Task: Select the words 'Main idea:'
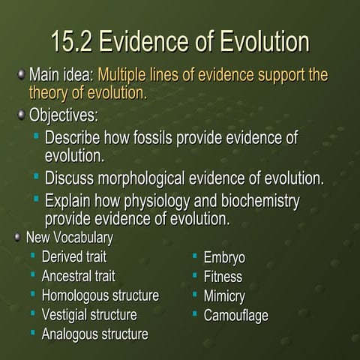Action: (x=61, y=76)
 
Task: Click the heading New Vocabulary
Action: (x=69, y=238)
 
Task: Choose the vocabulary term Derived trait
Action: (x=73, y=257)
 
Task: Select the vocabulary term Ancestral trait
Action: (x=78, y=276)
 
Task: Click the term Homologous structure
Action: (x=100, y=295)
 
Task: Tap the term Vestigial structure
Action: (x=88, y=313)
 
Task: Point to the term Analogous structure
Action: (x=94, y=333)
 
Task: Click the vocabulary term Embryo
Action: (x=224, y=257)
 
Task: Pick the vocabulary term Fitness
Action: (x=223, y=276)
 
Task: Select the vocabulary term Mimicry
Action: (x=224, y=295)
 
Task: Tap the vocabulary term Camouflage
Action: (x=235, y=315)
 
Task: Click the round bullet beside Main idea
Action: (x=20, y=76)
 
